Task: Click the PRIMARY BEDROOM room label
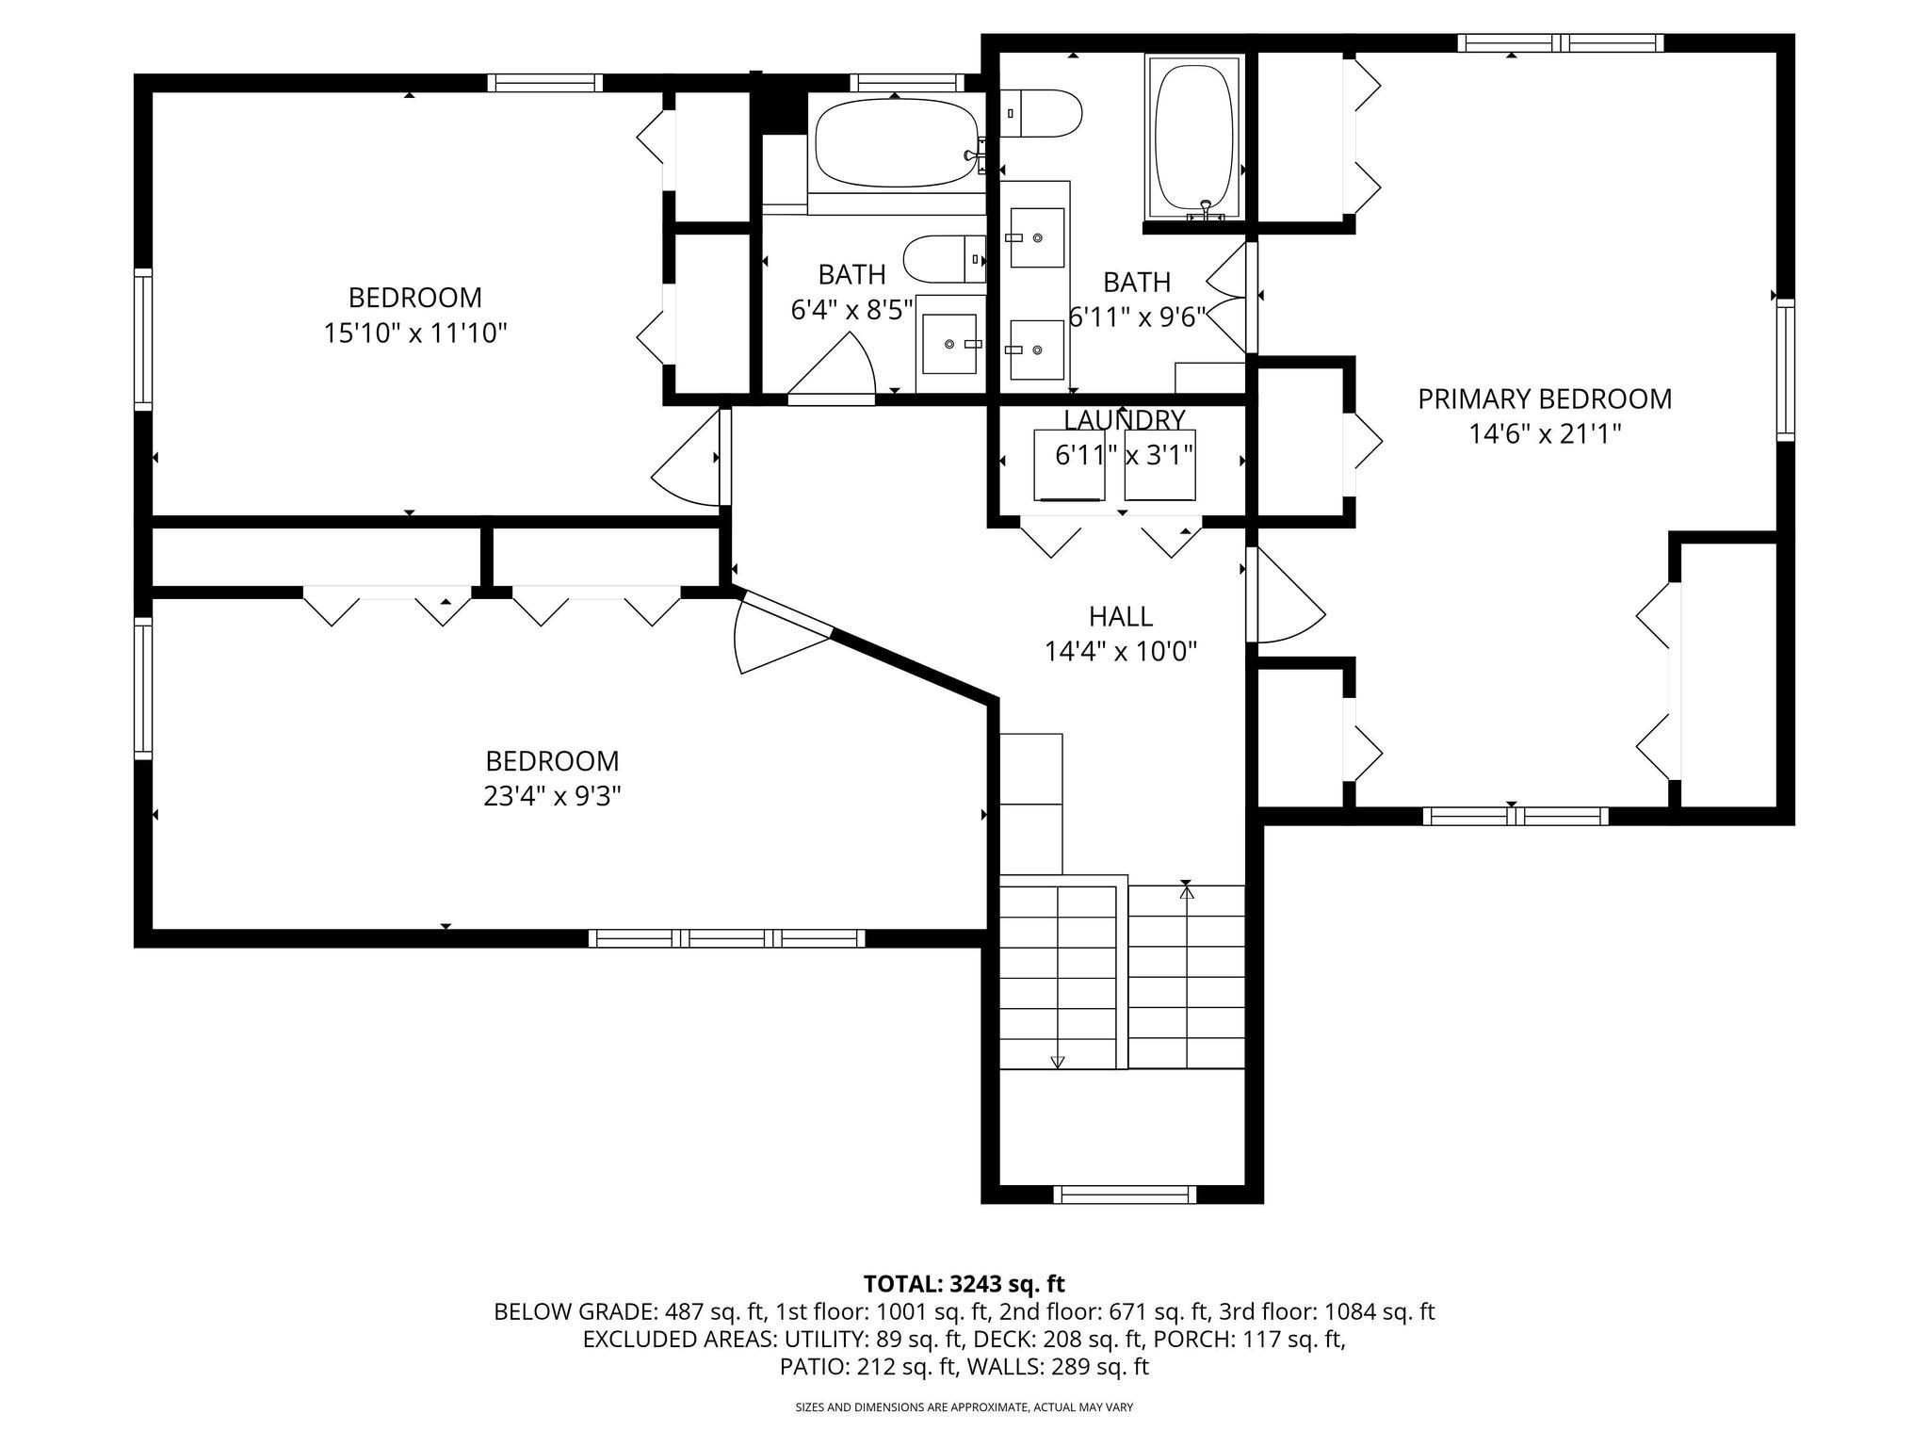coord(1545,398)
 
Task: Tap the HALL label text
coord(1120,616)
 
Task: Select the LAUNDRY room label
coord(1124,419)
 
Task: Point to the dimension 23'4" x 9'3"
coord(552,796)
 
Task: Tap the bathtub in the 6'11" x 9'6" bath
coord(1193,137)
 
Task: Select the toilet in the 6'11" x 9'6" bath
coord(1041,113)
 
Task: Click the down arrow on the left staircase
coord(1057,1061)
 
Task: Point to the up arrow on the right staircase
coord(1187,890)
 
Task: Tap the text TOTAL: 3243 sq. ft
coord(964,1283)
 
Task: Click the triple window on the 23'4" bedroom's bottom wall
coord(726,937)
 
